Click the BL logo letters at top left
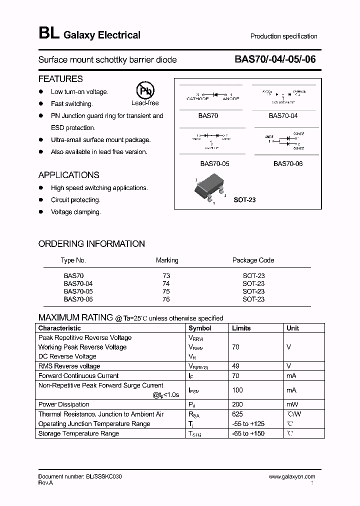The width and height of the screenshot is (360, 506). [x=48, y=34]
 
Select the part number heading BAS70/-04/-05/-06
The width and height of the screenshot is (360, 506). [x=275, y=59]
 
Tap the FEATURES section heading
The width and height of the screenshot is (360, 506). [x=60, y=79]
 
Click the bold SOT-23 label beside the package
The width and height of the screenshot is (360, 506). [x=244, y=200]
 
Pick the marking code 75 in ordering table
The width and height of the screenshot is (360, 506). [x=166, y=291]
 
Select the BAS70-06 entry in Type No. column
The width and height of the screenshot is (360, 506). [x=78, y=299]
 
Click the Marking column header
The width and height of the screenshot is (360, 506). [x=167, y=260]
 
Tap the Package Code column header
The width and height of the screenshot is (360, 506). [x=253, y=260]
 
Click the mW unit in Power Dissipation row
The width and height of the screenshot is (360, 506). [x=292, y=404]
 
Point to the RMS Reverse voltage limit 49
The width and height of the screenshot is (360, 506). [x=235, y=366]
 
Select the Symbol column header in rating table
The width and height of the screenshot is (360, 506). [x=199, y=328]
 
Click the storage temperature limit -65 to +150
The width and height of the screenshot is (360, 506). [x=248, y=433]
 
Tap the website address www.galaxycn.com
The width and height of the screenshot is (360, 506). [x=292, y=477]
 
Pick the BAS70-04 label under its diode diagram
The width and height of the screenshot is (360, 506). [x=283, y=115]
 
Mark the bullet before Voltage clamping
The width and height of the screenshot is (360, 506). [x=41, y=212]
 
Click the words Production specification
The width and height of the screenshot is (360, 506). [x=283, y=36]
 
